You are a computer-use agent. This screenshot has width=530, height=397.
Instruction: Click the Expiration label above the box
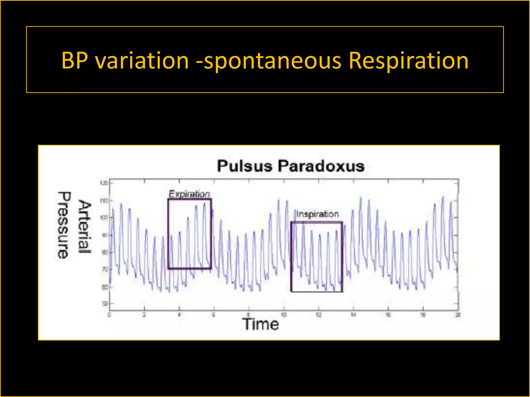point(189,194)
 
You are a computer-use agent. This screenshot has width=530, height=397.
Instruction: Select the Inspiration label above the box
point(317,214)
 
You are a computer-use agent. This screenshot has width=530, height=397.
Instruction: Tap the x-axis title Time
point(261,324)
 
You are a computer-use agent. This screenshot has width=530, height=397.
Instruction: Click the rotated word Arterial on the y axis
point(85,227)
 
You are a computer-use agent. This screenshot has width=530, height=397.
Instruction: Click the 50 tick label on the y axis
point(105,304)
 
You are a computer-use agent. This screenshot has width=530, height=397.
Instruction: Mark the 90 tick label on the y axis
point(105,235)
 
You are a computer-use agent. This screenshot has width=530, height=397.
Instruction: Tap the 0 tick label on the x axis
point(109,315)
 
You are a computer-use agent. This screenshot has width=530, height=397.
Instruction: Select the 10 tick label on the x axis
point(284,315)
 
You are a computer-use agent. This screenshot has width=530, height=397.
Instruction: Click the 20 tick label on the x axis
point(458,315)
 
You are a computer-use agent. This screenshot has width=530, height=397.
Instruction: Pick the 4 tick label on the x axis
point(179,315)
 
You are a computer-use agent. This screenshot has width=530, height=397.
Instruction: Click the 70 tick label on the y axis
point(105,270)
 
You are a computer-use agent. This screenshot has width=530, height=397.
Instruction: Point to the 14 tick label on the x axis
point(353,315)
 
